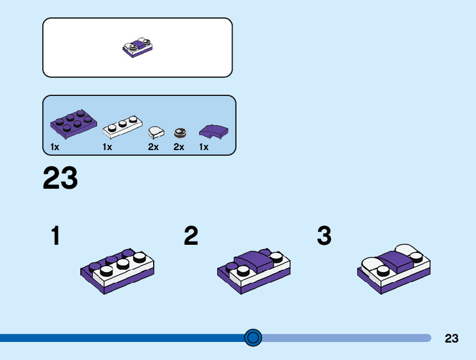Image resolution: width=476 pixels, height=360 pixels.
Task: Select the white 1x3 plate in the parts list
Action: click(x=123, y=127)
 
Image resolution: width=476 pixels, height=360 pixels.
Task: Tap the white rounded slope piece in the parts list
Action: click(x=155, y=131)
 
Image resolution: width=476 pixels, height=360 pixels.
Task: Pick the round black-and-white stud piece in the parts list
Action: click(x=180, y=131)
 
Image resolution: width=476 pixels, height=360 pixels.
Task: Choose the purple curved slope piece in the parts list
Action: click(x=213, y=131)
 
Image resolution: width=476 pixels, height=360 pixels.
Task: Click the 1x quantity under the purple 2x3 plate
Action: click(x=55, y=147)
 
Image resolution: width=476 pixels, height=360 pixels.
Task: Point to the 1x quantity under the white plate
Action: click(x=107, y=147)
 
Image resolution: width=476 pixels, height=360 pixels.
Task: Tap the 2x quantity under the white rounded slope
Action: click(x=153, y=147)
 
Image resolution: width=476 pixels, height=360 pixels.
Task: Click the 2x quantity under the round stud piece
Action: click(x=179, y=147)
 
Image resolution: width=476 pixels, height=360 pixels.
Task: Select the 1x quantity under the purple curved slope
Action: click(x=203, y=147)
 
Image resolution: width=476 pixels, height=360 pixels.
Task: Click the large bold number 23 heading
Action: click(x=60, y=179)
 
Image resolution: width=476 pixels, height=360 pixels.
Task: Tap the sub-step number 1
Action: click(x=56, y=237)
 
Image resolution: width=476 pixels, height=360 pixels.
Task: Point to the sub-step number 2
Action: click(x=191, y=237)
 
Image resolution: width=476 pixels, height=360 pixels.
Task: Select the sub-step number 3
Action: click(x=324, y=237)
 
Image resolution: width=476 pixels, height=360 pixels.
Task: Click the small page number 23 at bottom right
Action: click(x=452, y=339)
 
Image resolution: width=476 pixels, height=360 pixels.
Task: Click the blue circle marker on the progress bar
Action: click(x=253, y=338)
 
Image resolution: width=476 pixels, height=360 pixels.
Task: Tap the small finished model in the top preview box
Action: click(x=138, y=47)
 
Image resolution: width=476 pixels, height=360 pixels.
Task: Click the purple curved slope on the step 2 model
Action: click(x=251, y=258)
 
